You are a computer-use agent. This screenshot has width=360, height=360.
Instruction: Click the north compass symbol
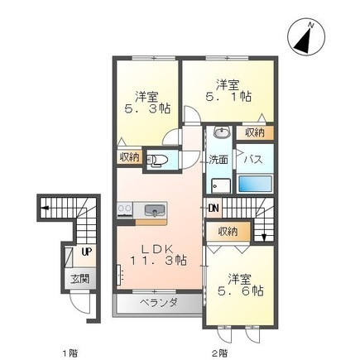click(x=306, y=37)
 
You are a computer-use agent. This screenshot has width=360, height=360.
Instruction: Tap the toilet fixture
click(x=157, y=161)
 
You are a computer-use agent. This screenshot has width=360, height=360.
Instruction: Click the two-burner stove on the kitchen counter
click(x=125, y=209)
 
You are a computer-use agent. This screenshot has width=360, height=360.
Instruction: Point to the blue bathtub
click(x=255, y=184)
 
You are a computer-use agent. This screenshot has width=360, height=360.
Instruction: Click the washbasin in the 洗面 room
click(x=223, y=132)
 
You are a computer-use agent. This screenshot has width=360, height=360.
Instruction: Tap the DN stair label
click(x=214, y=209)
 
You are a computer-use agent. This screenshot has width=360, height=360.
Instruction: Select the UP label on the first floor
click(x=87, y=252)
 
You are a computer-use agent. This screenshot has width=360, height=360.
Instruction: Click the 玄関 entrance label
click(x=80, y=279)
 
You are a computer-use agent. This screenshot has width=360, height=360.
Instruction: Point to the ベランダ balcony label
click(x=159, y=303)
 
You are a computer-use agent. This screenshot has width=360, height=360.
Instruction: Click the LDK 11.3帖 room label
click(x=158, y=255)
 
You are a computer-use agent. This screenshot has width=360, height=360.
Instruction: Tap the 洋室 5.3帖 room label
click(x=146, y=103)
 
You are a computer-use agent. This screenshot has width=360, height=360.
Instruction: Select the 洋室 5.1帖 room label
click(x=228, y=91)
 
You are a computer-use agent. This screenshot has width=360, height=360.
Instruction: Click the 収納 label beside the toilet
click(x=129, y=157)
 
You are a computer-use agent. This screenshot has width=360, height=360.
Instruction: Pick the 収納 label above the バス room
click(x=255, y=132)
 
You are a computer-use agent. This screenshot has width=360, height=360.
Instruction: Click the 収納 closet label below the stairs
click(x=228, y=232)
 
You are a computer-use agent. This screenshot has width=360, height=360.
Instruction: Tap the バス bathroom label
click(x=254, y=160)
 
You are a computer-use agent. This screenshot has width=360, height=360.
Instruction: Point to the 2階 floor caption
click(x=220, y=353)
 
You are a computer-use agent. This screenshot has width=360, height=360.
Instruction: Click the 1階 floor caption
click(x=70, y=353)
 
